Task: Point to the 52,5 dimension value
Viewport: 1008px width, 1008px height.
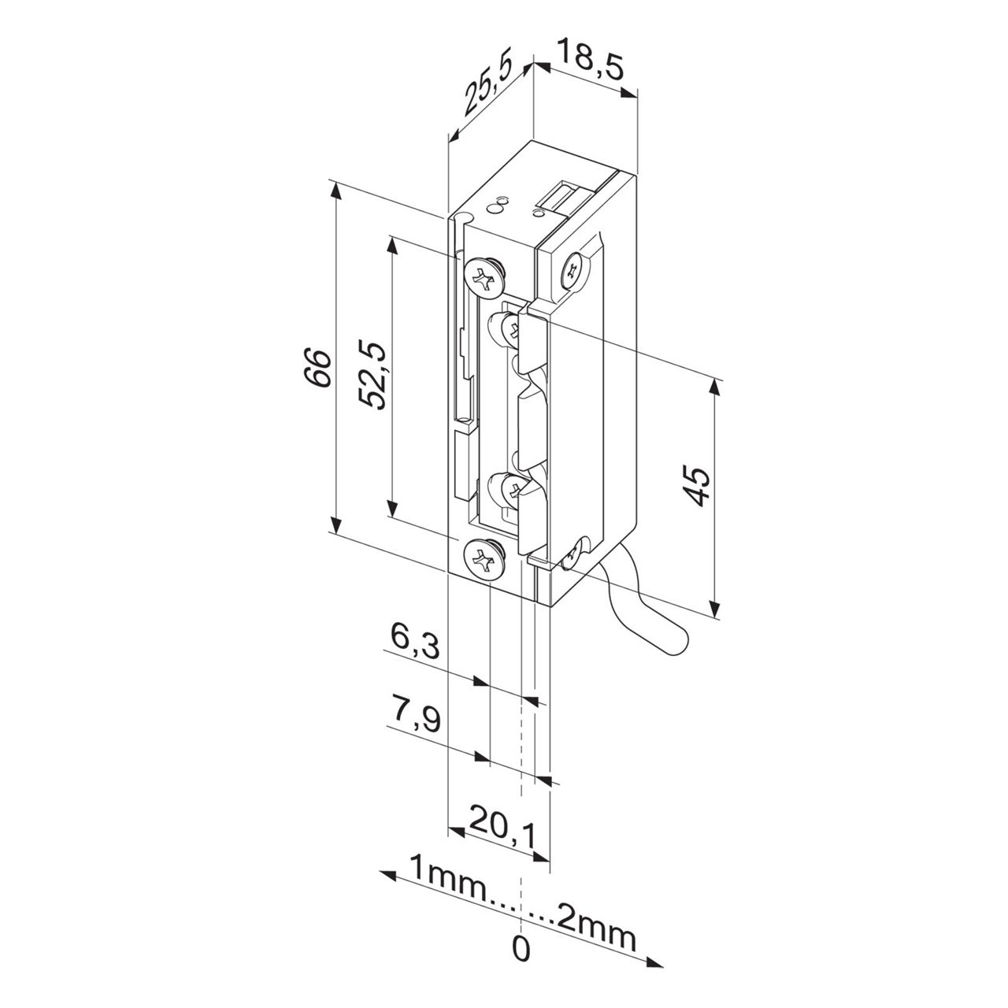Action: [x=371, y=374]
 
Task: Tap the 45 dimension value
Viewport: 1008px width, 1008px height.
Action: [x=696, y=486]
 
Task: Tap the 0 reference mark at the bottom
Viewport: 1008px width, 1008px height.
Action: [x=521, y=948]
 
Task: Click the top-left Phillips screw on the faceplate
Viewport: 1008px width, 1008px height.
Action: [x=484, y=275]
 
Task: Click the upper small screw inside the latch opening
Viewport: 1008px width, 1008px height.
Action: [x=506, y=328]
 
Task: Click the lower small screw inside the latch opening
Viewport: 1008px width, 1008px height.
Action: [x=507, y=490]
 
